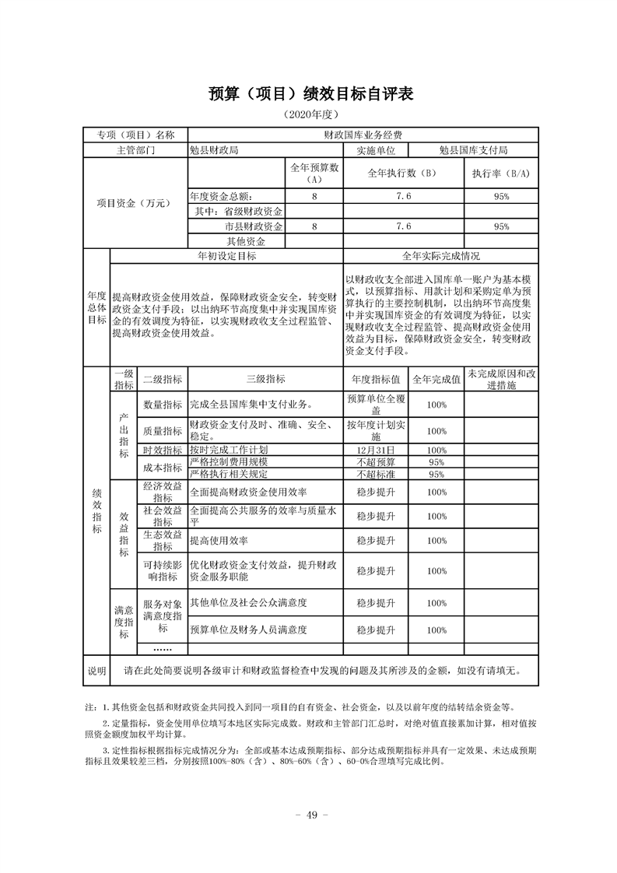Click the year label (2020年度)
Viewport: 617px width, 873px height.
[308, 115]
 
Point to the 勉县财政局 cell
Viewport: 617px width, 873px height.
[214, 150]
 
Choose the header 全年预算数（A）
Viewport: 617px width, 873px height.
[314, 173]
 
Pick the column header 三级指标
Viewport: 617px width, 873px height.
[265, 380]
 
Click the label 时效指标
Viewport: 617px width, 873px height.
[163, 451]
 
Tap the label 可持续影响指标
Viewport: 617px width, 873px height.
[163, 570]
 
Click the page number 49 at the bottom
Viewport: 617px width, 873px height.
[309, 815]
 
